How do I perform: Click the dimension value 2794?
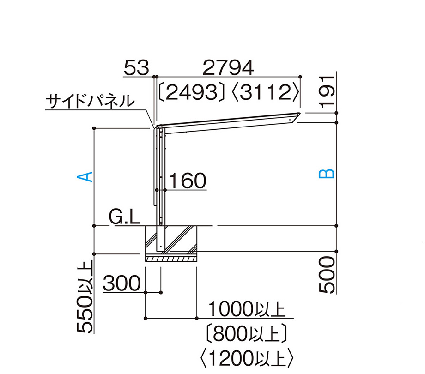point(228,68)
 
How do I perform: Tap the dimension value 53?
point(136,68)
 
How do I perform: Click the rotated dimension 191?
point(328,92)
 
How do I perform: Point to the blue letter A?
point(85,176)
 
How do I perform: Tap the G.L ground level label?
point(124,217)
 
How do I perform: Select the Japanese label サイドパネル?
point(90,101)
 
